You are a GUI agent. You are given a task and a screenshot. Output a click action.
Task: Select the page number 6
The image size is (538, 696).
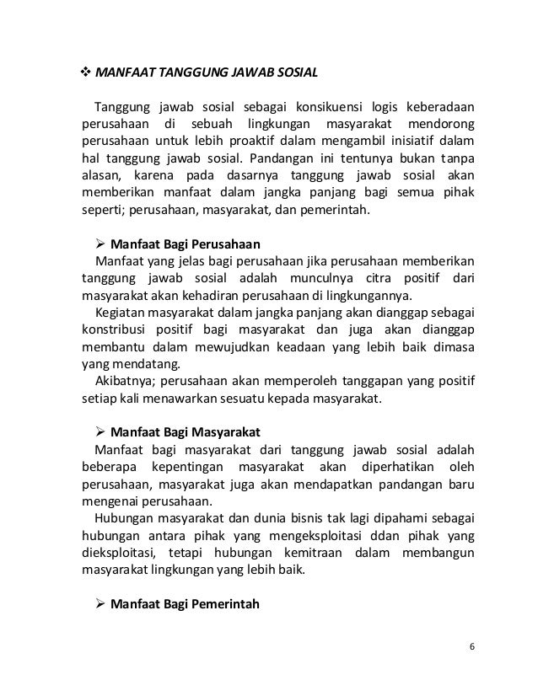[472, 646]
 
